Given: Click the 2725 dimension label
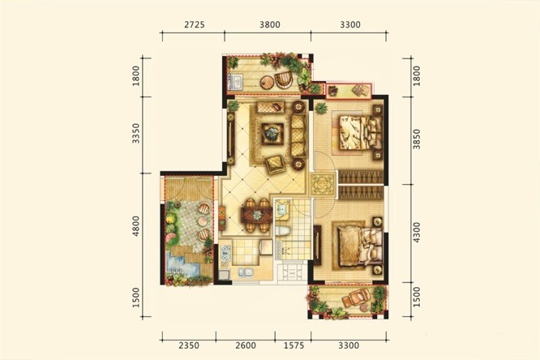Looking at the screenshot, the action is [195, 24].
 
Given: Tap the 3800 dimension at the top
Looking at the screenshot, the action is [270, 24].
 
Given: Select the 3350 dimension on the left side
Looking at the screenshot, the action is [136, 133].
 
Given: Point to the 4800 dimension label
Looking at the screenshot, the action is [136, 226].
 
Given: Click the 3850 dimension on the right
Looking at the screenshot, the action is [417, 139].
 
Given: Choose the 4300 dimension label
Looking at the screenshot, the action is [417, 233].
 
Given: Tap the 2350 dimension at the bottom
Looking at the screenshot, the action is [189, 345].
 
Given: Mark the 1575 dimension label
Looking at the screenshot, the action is [294, 345].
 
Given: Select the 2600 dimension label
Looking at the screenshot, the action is [246, 345].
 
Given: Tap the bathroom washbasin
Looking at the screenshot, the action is [282, 209].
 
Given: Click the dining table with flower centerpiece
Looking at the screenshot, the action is [257, 215].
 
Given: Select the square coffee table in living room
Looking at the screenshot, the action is [272, 134].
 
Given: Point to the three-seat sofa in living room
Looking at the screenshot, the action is [298, 135].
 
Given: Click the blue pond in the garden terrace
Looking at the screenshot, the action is [179, 263].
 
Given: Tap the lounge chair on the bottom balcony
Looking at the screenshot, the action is [357, 297].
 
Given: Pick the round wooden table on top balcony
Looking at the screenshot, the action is [267, 83].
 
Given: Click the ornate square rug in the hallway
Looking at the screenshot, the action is [323, 185].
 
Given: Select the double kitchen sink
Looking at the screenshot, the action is [245, 272].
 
